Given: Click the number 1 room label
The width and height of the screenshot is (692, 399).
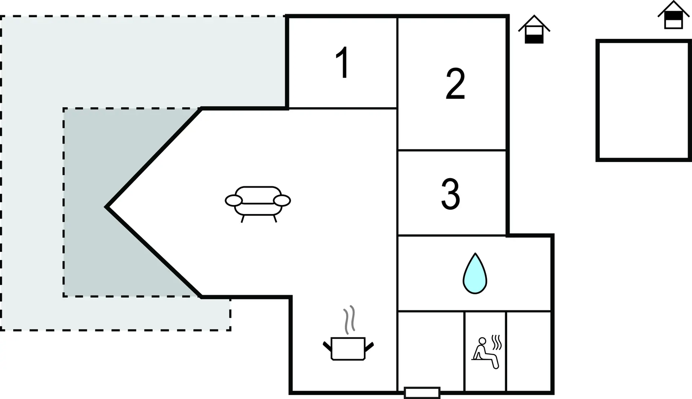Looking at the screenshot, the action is pyautogui.click(x=342, y=62).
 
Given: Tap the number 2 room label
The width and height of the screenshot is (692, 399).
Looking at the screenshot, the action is pyautogui.click(x=455, y=83).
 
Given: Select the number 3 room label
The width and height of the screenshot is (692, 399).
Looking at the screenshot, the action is pyautogui.click(x=451, y=194).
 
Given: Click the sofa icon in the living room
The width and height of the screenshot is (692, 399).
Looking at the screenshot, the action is pyautogui.click(x=258, y=204).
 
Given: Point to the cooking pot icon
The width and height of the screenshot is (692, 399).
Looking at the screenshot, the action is pyautogui.click(x=348, y=348).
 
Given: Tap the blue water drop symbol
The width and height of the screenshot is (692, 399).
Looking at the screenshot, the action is pyautogui.click(x=475, y=273).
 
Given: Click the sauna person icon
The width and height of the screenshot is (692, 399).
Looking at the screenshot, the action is pyautogui.click(x=485, y=353).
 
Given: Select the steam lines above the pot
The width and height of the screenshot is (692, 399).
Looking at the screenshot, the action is pyautogui.click(x=349, y=319).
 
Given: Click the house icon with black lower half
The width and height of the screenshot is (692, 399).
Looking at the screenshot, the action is pyautogui.click(x=534, y=30).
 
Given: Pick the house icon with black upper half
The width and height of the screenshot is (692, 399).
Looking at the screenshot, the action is pyautogui.click(x=673, y=15).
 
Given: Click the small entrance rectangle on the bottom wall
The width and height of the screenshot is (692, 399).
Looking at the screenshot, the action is pyautogui.click(x=422, y=393).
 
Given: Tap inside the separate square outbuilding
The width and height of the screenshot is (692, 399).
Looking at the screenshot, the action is pyautogui.click(x=644, y=100).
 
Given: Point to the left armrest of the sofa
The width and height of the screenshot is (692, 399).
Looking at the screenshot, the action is pyautogui.click(x=234, y=201).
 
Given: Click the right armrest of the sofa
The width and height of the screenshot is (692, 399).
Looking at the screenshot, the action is pyautogui.click(x=282, y=200).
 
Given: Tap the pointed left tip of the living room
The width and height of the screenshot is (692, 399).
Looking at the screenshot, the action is pyautogui.click(x=106, y=207).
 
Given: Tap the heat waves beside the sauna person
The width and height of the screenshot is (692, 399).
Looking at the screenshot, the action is pyautogui.click(x=497, y=342).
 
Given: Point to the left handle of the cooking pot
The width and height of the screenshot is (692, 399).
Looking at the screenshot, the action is pyautogui.click(x=327, y=346).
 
